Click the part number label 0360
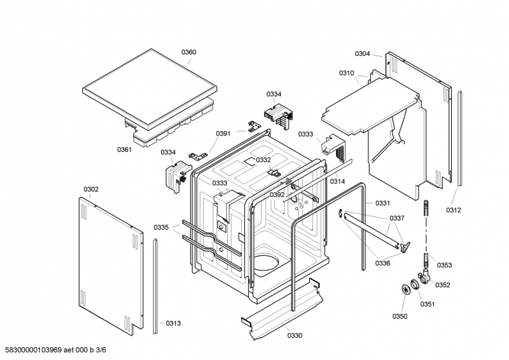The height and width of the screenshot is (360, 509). tap(188, 52)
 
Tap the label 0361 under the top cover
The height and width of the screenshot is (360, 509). tap(124, 149)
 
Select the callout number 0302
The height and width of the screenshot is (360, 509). tap(91, 190)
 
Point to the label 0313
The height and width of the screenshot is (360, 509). tap(173, 323)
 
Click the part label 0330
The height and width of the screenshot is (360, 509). tap(295, 335)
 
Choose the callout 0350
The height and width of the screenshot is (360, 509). tap(400, 316)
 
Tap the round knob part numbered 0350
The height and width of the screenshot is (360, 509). tap(405, 289)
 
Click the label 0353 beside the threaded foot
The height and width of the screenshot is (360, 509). tap(444, 265)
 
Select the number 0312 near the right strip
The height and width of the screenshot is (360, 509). tap(454, 210)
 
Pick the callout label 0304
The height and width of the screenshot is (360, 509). tap(362, 53)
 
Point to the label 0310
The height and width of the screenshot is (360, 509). tap(347, 73)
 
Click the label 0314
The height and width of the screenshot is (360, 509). tap(338, 181)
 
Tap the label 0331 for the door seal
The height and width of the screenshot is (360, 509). tap(383, 203)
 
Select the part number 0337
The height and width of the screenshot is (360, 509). tap(397, 218)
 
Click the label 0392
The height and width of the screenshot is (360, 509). tap(277, 195)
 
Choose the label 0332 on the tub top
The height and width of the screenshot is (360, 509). tap(263, 160)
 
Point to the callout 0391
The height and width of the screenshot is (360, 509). tap(223, 134)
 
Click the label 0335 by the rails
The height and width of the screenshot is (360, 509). tap(162, 227)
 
